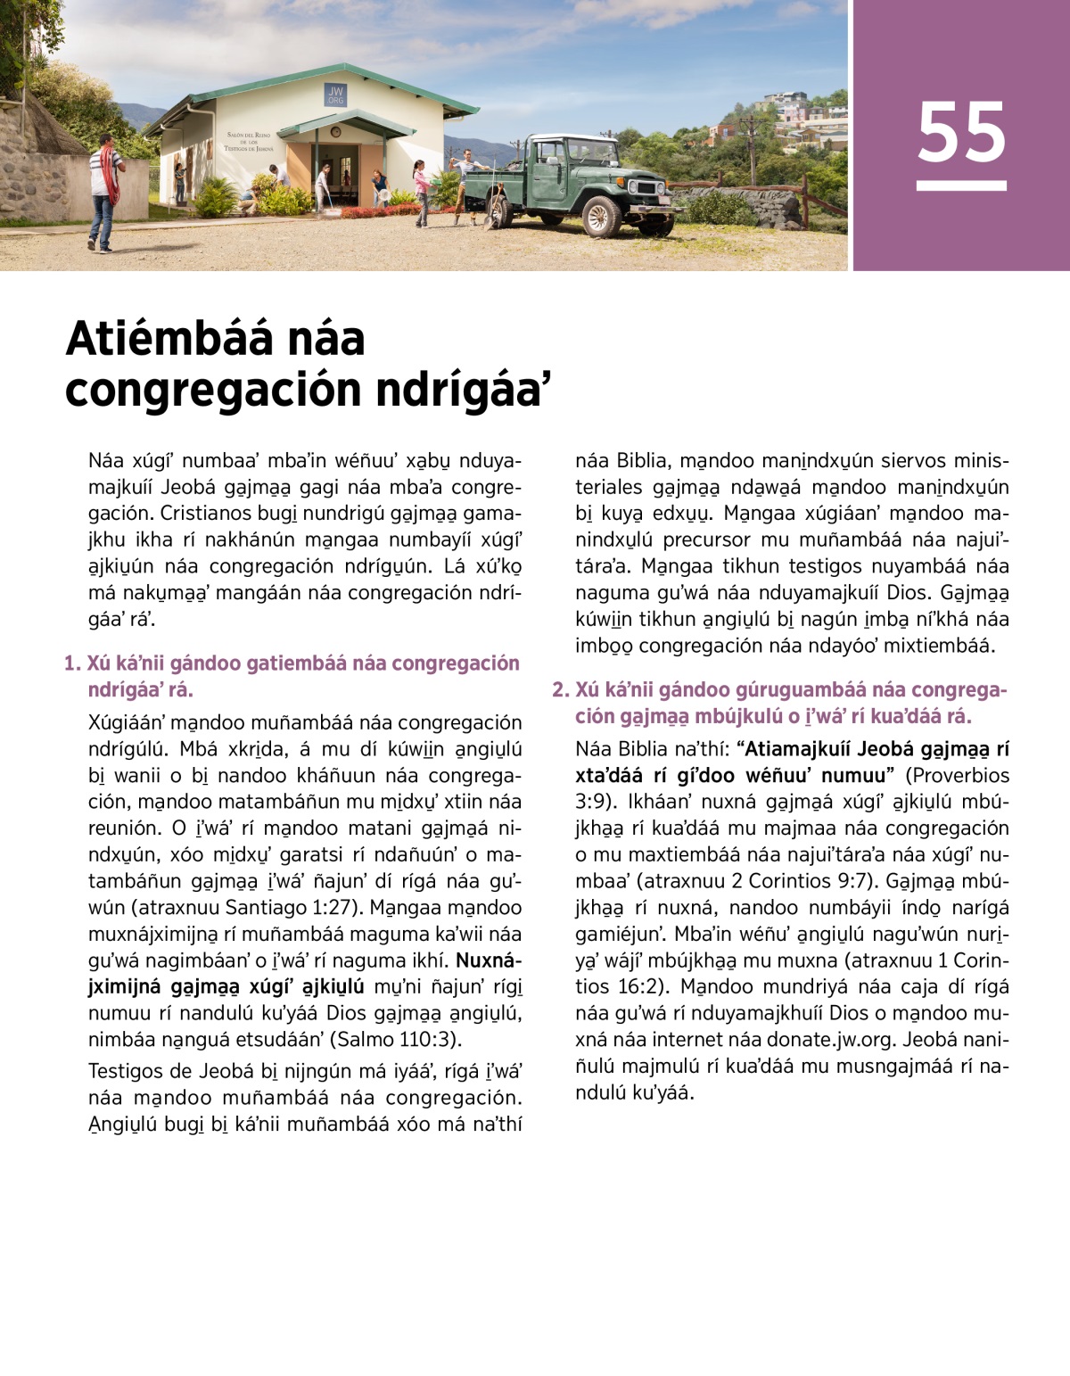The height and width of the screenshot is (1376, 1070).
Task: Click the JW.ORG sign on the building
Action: [335, 95]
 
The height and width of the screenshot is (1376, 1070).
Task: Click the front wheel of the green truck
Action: [601, 216]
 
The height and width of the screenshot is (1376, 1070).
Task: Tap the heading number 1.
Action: [71, 663]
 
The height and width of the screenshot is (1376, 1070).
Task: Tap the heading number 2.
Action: [559, 690]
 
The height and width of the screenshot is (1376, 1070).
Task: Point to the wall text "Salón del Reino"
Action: [249, 135]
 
